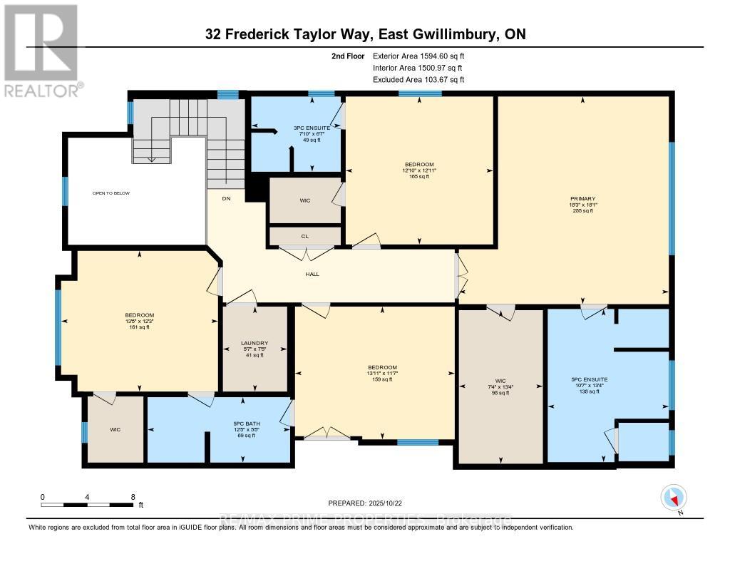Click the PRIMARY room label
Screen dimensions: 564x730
(582, 199)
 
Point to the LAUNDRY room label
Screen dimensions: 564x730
(255, 344)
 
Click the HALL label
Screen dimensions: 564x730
(312, 273)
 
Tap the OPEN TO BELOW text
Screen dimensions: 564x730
(111, 193)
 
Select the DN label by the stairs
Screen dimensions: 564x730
(226, 198)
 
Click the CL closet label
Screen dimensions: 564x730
(304, 235)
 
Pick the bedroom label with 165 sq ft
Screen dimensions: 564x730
(418, 165)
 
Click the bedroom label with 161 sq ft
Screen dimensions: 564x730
(140, 315)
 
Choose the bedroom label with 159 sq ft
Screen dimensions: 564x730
(382, 367)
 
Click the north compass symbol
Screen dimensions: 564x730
(673, 497)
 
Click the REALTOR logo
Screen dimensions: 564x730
(42, 50)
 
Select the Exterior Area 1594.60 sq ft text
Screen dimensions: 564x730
(419, 56)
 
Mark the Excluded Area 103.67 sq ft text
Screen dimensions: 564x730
(418, 80)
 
